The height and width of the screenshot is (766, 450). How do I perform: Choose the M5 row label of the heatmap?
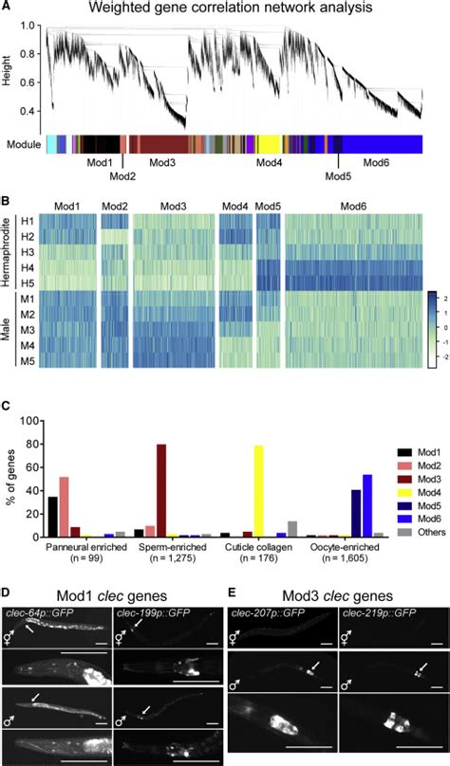(x=30, y=359)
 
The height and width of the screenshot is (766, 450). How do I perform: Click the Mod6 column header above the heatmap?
(x=352, y=206)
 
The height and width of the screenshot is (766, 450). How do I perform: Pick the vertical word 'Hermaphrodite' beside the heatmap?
(x=9, y=253)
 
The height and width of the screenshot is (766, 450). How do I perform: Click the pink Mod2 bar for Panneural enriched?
(x=65, y=483)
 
